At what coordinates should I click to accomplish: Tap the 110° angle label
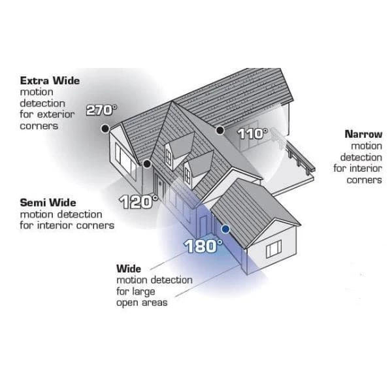click(x=252, y=134)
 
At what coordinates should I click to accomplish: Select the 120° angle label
click(x=139, y=201)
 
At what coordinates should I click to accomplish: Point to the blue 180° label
click(x=203, y=246)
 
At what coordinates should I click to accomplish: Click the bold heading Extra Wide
click(x=50, y=81)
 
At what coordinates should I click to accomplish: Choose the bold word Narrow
click(x=363, y=134)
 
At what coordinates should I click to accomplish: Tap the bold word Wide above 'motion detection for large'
click(x=128, y=269)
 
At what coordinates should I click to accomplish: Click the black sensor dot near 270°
click(x=105, y=129)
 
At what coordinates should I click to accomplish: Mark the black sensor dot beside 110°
click(x=221, y=130)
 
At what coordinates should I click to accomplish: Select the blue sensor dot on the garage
click(x=225, y=229)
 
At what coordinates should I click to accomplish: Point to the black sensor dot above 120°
click(x=148, y=163)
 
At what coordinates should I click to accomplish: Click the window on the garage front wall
click(x=273, y=248)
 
